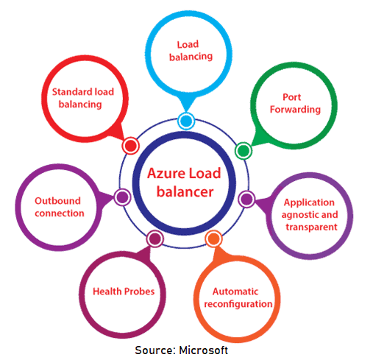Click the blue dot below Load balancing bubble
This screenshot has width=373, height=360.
click(x=185, y=121)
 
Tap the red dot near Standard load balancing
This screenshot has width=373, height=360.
click(x=131, y=145)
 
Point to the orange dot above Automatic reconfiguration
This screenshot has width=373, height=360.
click(x=213, y=239)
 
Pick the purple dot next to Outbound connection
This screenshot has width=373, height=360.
click(x=123, y=197)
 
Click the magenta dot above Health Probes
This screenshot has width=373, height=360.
click(x=154, y=238)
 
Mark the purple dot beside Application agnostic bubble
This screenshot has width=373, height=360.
click(x=246, y=198)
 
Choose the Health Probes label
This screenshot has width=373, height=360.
click(x=124, y=291)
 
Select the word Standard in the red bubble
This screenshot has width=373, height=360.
click(x=73, y=92)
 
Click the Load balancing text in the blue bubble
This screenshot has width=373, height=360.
click(x=190, y=49)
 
